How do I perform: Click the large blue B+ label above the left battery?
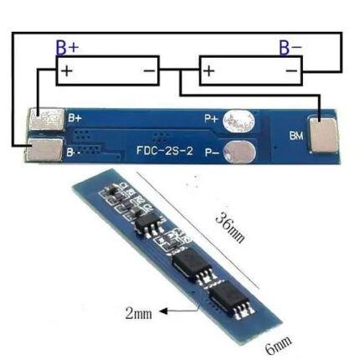67,48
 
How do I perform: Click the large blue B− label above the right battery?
291,48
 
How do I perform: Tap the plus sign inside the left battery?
67,70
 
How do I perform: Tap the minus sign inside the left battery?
149,70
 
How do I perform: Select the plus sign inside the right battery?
209,70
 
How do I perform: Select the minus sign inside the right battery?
291,71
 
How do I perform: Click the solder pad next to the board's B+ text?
47,119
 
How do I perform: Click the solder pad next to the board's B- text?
45,150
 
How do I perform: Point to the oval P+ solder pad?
239,121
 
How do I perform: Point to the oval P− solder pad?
239,152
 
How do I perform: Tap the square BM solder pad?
322,136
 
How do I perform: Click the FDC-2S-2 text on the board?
165,151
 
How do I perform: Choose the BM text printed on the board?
296,136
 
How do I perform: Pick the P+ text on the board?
211,119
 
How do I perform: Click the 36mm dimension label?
230,228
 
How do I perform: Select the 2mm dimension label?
139,314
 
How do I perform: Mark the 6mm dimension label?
278,345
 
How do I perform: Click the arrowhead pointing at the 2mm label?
163,311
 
